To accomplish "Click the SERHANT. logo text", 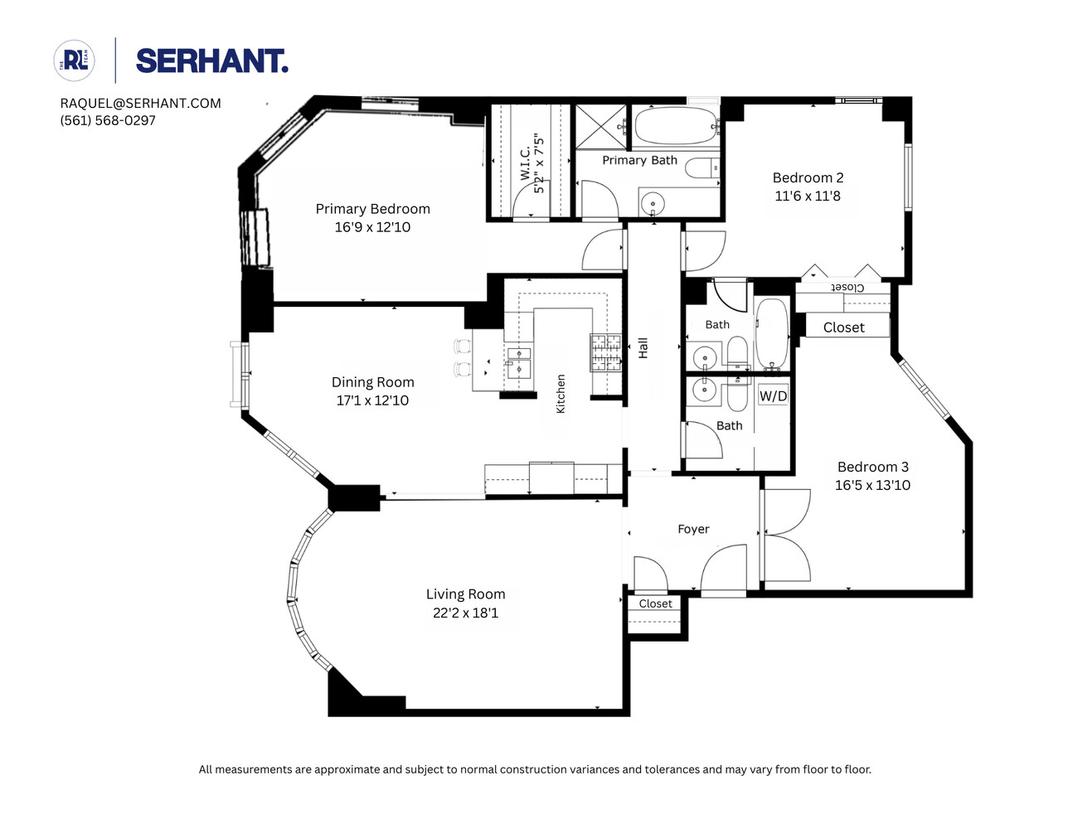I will click(x=211, y=61).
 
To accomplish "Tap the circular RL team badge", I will click(x=75, y=61).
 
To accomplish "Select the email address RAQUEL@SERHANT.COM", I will click(x=140, y=104).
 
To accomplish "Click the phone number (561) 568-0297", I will click(x=108, y=120).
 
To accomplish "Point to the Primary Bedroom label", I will click(x=372, y=209).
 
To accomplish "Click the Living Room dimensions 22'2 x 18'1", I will click(x=465, y=613).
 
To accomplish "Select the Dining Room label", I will click(x=372, y=382).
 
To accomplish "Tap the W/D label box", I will click(x=773, y=396).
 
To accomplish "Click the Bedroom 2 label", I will click(x=808, y=177).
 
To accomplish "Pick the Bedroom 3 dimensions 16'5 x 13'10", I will click(x=872, y=486).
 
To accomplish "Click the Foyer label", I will click(x=693, y=529).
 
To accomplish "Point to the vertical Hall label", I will click(x=643, y=348).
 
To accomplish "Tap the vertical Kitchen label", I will click(x=561, y=394).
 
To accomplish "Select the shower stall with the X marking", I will click(x=602, y=126).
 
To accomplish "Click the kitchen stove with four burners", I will click(x=605, y=351).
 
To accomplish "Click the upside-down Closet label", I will click(x=847, y=288).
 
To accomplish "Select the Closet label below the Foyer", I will click(x=655, y=604).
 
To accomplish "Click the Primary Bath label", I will click(x=639, y=160).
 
